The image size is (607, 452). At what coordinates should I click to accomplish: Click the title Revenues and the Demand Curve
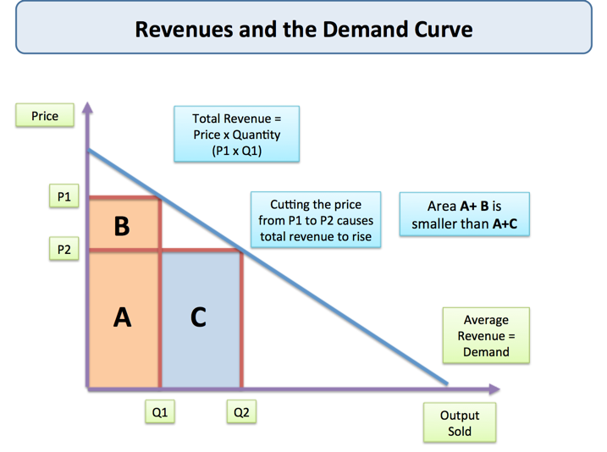pyautogui.click(x=303, y=30)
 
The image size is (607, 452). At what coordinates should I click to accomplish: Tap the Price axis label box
pyautogui.click(x=45, y=116)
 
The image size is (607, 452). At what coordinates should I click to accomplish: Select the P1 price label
pyautogui.click(x=64, y=196)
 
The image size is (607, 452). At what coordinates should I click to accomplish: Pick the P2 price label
pyautogui.click(x=64, y=250)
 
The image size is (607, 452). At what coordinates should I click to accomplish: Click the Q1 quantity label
pyautogui.click(x=159, y=412)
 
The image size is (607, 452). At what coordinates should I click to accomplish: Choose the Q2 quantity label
pyautogui.click(x=241, y=412)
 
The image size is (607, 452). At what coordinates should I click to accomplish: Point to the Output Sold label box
pyautogui.click(x=459, y=422)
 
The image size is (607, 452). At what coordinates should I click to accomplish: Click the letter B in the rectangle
pyautogui.click(x=122, y=227)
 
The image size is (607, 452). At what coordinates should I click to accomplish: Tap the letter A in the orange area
pyautogui.click(x=122, y=317)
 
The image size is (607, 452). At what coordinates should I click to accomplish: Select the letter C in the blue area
pyautogui.click(x=198, y=317)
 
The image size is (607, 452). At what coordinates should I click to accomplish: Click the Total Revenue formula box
pyautogui.click(x=236, y=134)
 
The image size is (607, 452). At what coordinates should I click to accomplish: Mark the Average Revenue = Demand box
pyautogui.click(x=486, y=336)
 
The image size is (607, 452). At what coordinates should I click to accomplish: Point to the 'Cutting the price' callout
pyautogui.click(x=315, y=220)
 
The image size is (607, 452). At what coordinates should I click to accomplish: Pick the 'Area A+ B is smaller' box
pyautogui.click(x=464, y=214)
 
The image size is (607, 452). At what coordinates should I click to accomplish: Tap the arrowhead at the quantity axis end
pyautogui.click(x=494, y=389)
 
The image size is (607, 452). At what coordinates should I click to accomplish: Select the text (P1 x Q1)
pyautogui.click(x=236, y=151)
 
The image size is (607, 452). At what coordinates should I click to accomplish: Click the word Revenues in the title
pyautogui.click(x=179, y=30)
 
